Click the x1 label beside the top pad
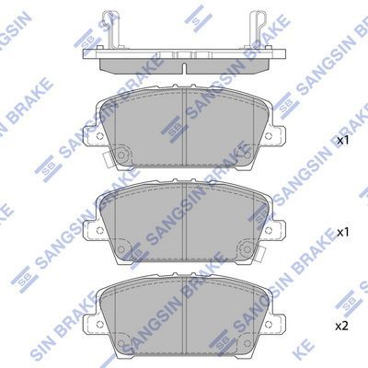[342, 141]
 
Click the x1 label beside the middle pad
[342, 233]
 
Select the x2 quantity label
[342, 327]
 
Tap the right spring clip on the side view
[259, 29]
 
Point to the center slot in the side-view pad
[184, 68]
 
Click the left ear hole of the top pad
[99, 136]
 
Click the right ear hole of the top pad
[269, 136]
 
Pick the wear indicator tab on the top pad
[108, 160]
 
